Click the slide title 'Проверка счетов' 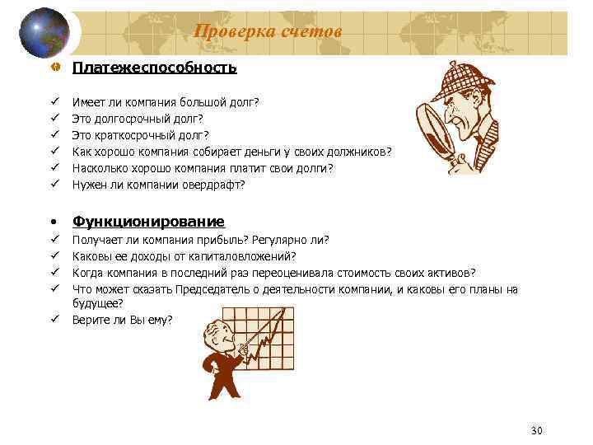coord(267,31)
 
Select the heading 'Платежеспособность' coord(155,68)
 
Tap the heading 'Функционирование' coord(148,222)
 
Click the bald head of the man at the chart coord(217,328)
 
